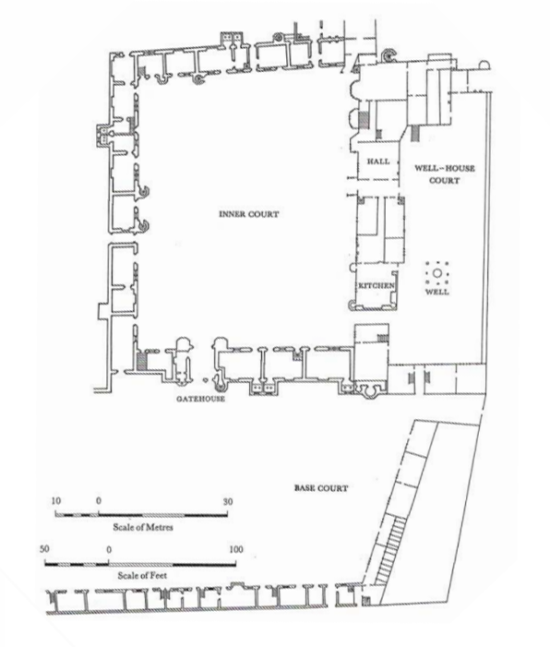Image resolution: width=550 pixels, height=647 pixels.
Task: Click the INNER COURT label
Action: pyautogui.click(x=249, y=214)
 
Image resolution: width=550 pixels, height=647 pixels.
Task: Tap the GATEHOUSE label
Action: pyautogui.click(x=200, y=399)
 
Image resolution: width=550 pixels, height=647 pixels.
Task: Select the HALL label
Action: pyautogui.click(x=378, y=162)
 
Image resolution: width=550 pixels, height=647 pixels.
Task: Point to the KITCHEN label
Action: pyautogui.click(x=376, y=285)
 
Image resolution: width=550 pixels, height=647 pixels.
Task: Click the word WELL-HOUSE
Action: pyautogui.click(x=445, y=168)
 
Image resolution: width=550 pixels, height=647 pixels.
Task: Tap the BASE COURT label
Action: pyautogui.click(x=321, y=488)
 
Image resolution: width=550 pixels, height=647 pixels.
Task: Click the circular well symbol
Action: pyautogui.click(x=436, y=273)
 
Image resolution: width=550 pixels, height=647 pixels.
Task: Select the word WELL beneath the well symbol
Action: pyautogui.click(x=436, y=292)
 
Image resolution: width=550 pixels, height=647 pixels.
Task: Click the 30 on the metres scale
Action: pyautogui.click(x=228, y=502)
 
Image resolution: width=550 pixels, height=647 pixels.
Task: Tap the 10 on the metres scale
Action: pyautogui.click(x=56, y=501)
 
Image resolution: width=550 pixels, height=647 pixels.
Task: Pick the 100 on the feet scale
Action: pyautogui.click(x=236, y=549)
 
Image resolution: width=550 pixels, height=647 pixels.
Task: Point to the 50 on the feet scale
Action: pyautogui.click(x=44, y=549)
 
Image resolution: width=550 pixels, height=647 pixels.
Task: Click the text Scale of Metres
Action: pyautogui.click(x=143, y=527)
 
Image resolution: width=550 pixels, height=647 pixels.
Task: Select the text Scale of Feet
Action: pyautogui.click(x=142, y=575)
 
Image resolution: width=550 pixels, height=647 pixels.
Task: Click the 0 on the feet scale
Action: pyautogui.click(x=109, y=549)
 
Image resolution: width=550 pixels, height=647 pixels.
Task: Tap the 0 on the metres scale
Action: pyautogui.click(x=99, y=501)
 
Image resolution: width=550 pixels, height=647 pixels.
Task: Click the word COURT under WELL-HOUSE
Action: pyautogui.click(x=445, y=180)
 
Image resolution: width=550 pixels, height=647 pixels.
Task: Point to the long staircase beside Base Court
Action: pyautogui.click(x=390, y=551)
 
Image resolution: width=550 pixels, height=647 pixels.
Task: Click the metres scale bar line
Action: pyautogui.click(x=141, y=515)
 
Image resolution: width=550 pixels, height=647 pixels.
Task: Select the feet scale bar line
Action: pyautogui.click(x=140, y=564)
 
